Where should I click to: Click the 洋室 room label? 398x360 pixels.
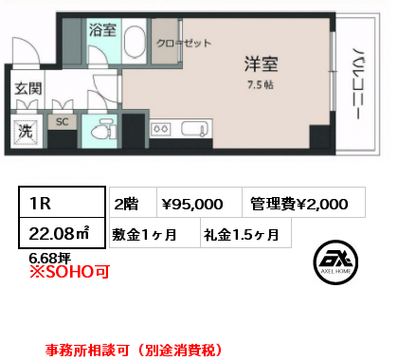(261, 64)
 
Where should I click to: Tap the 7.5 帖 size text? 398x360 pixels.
(261, 85)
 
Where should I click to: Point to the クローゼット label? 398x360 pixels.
(184, 43)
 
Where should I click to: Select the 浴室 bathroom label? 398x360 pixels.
(102, 30)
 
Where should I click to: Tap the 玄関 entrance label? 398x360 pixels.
(28, 89)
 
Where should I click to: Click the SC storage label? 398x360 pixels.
(62, 121)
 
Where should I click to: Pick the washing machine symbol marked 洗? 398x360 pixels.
(26, 131)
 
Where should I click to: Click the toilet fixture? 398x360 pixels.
(103, 129)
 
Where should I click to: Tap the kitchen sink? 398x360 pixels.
(195, 129)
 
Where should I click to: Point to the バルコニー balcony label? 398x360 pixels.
(356, 84)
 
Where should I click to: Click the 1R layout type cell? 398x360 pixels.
(62, 203)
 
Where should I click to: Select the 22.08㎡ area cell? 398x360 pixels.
(62, 233)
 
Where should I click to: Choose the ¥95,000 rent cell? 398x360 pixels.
(199, 203)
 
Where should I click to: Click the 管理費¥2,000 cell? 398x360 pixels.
(304, 203)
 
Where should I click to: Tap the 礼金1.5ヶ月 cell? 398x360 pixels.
(245, 233)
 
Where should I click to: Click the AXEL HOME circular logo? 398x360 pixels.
(335, 262)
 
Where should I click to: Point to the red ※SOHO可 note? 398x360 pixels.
(69, 272)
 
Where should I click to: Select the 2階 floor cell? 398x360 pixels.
(133, 203)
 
